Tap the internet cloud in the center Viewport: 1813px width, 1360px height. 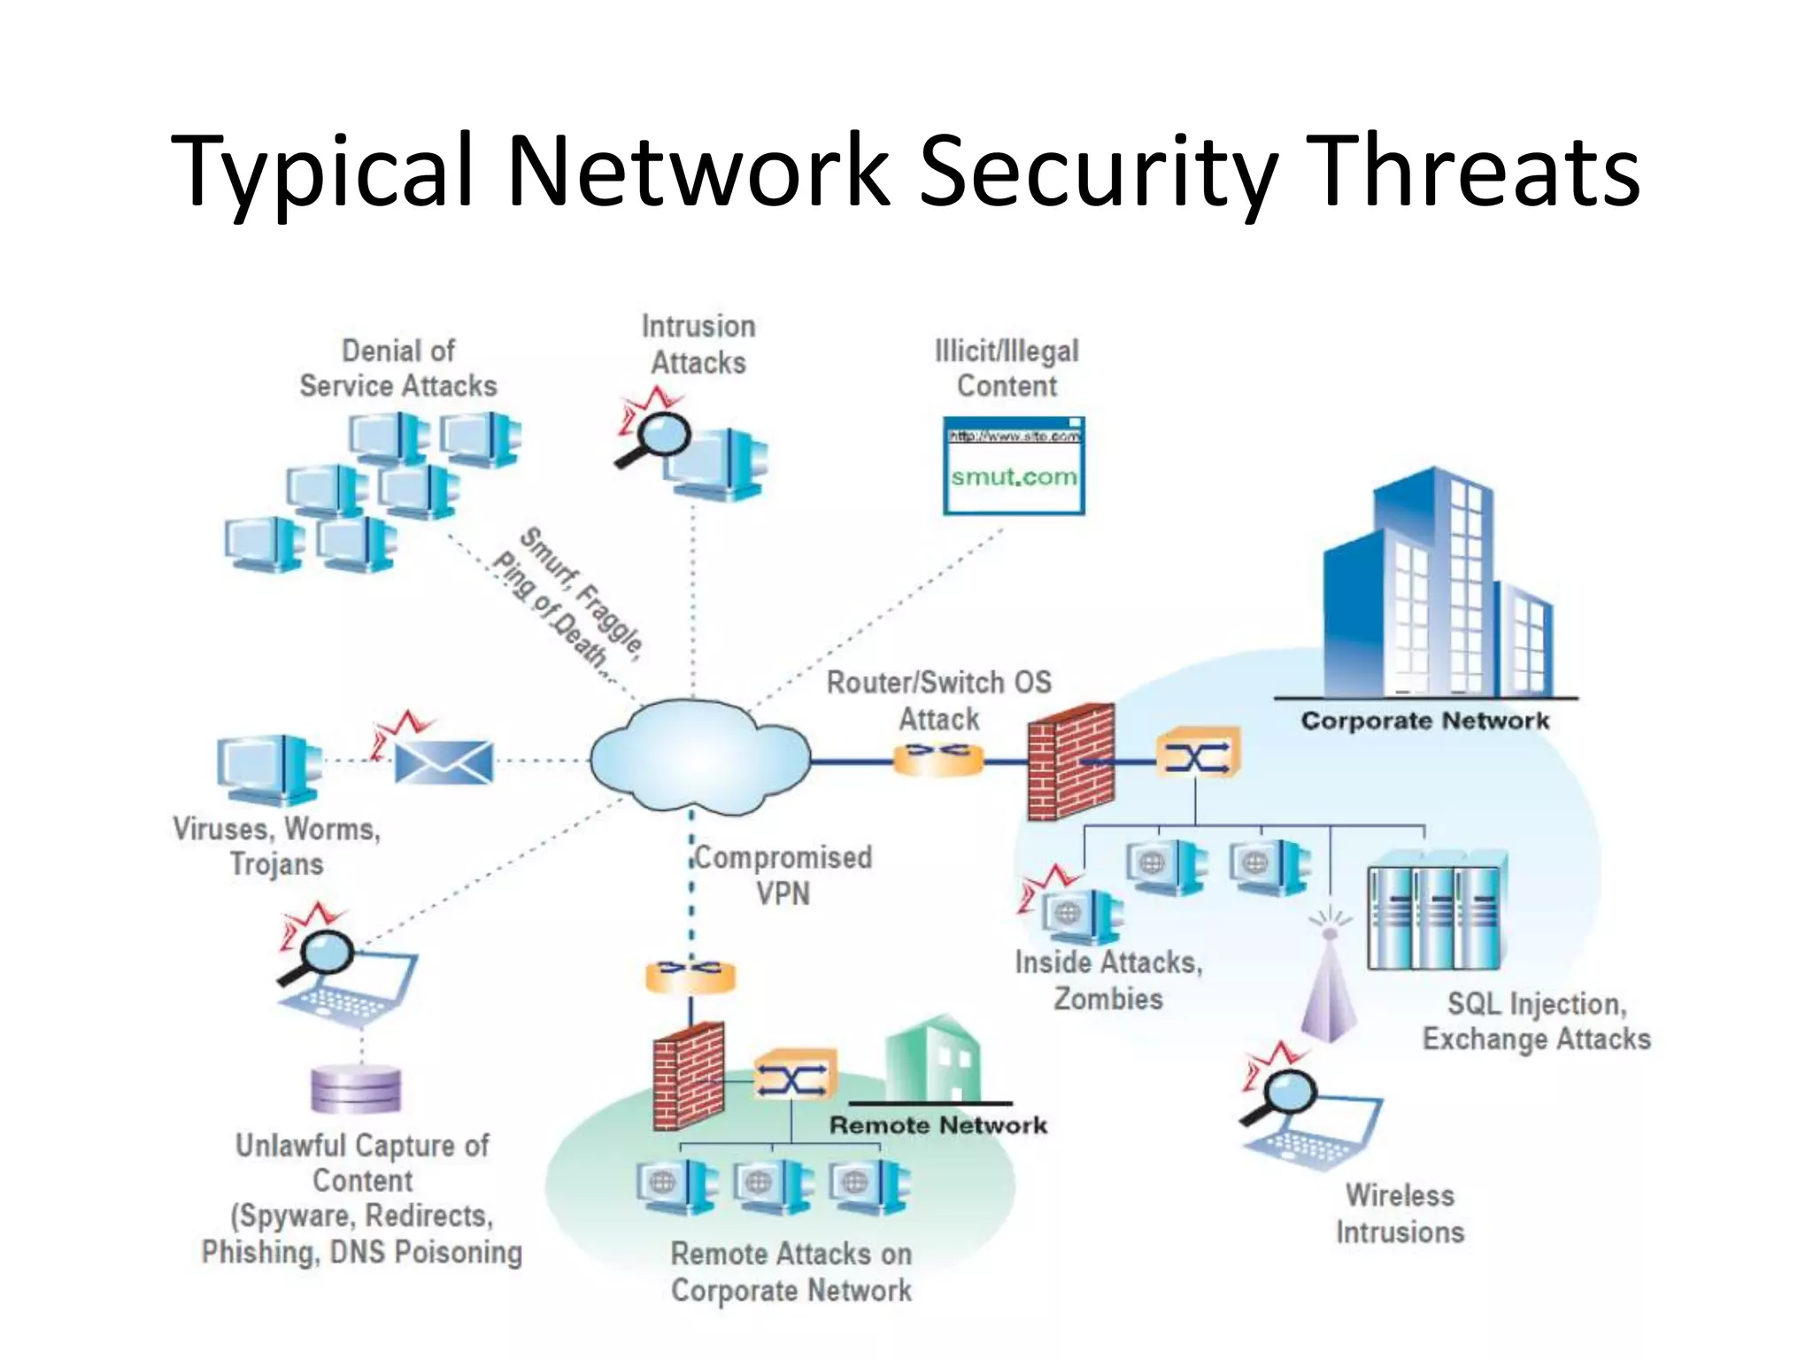pyautogui.click(x=698, y=758)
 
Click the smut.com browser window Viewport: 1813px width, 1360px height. pyautogui.click(x=1014, y=467)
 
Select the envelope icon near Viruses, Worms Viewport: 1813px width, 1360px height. pyautogui.click(x=443, y=761)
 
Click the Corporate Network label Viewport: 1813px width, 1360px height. pyautogui.click(x=1424, y=721)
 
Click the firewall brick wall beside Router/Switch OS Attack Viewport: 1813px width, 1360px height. pyautogui.click(x=1069, y=761)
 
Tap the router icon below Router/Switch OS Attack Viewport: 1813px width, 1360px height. pyautogui.click(x=938, y=759)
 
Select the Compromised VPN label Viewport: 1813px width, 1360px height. pyautogui.click(x=783, y=875)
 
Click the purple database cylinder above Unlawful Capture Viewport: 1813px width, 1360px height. pyautogui.click(x=356, y=1089)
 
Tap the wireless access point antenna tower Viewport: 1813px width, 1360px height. pyautogui.click(x=1328, y=983)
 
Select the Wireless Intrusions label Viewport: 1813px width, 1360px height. pyautogui.click(x=1400, y=1214)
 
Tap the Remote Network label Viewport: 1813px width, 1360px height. pyautogui.click(x=937, y=1125)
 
